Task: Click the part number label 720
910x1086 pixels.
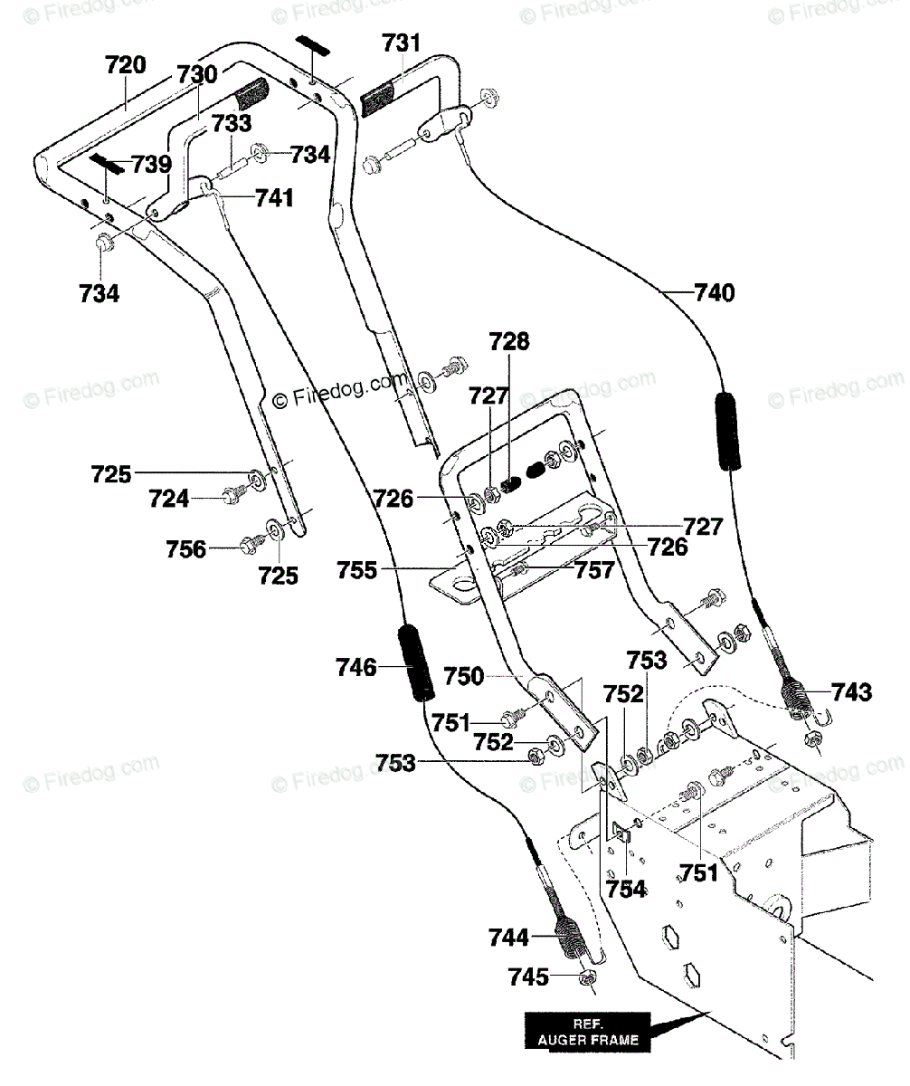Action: (x=126, y=65)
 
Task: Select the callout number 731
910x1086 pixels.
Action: (x=401, y=43)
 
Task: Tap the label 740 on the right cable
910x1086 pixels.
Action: (x=715, y=292)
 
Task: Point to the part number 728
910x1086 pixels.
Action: (x=510, y=342)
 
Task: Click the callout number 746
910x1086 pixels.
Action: (x=355, y=668)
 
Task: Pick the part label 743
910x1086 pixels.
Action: (x=854, y=693)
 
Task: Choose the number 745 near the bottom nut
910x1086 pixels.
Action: (x=528, y=976)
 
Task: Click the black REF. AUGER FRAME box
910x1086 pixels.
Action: (x=592, y=1033)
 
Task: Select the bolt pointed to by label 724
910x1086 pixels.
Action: (x=227, y=496)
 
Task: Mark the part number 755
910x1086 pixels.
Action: (x=356, y=571)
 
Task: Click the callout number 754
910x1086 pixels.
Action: (x=627, y=889)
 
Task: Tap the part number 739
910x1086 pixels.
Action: (x=150, y=165)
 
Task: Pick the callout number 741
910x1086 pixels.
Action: (x=275, y=197)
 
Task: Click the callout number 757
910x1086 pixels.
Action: (x=595, y=570)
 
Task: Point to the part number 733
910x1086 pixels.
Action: (x=232, y=123)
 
